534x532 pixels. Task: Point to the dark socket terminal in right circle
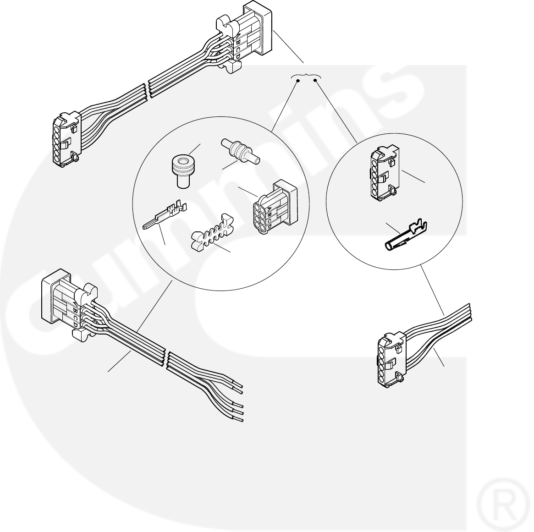tap(405, 237)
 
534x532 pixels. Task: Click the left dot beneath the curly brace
tap(297, 82)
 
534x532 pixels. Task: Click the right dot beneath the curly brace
tap(315, 82)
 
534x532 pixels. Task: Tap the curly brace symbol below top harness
tap(306, 75)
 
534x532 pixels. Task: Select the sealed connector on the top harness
tap(245, 37)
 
